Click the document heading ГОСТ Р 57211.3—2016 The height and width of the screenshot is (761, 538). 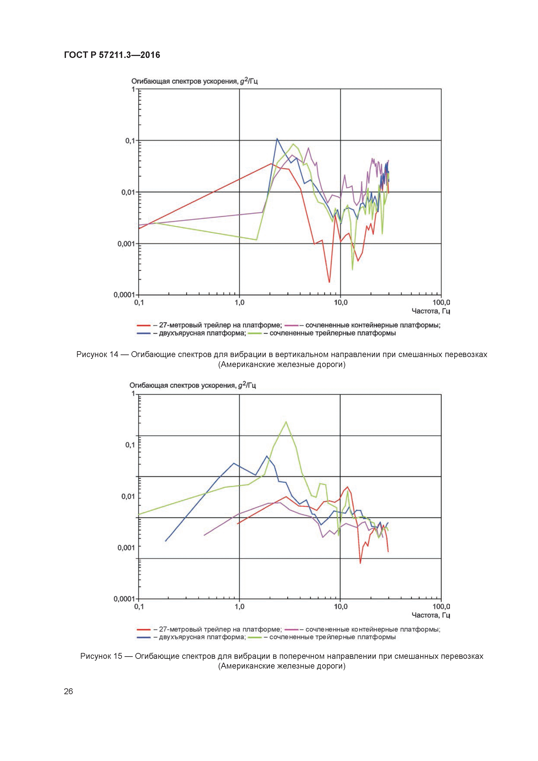pos(112,55)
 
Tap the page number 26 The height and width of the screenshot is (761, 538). pos(68,691)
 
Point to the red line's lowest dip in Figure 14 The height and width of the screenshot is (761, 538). pos(329,282)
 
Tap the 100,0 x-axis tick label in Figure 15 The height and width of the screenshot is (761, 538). pos(441,607)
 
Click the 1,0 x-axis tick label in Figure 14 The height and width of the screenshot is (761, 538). pos(239,303)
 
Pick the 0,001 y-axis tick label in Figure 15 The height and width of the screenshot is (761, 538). pos(126,548)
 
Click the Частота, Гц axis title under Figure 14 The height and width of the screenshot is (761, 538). pos(431,311)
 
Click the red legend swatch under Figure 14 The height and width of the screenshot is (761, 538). pos(144,325)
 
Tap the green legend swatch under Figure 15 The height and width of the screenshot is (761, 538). pos(255,637)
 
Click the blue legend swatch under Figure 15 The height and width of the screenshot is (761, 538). pos(144,637)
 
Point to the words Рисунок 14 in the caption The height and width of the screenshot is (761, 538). pos(97,354)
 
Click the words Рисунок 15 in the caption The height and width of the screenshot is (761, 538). pos(101,656)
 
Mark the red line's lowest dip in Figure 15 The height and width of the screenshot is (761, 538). pos(360,563)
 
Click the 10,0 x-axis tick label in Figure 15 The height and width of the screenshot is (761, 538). pos(340,607)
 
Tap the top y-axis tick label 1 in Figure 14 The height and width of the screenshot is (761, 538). pos(133,89)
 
